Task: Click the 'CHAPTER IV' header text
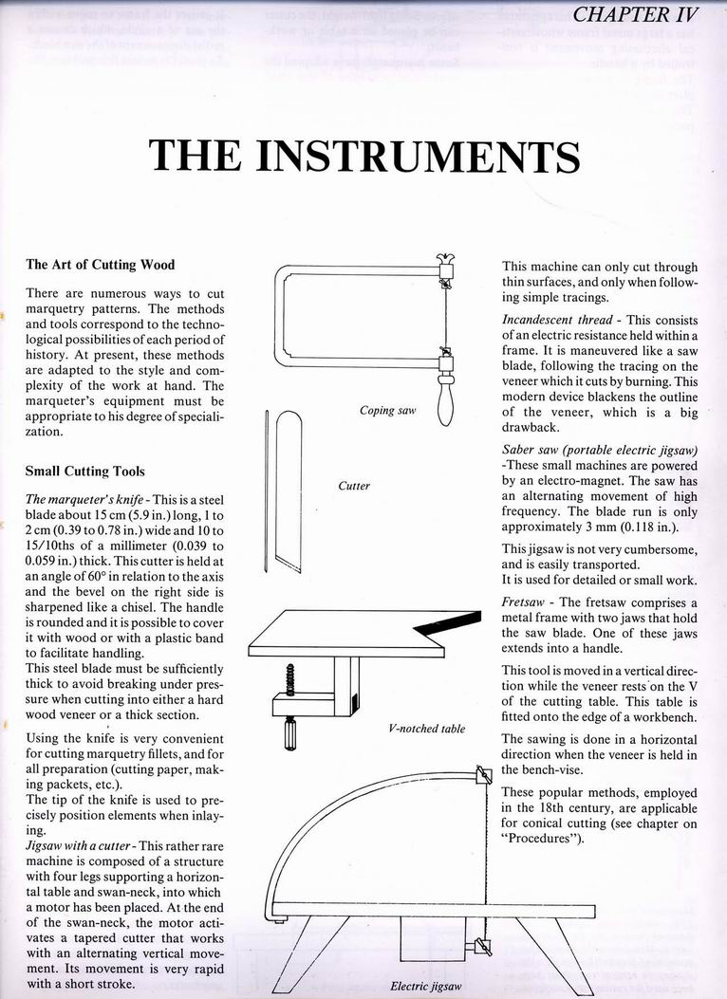click(x=637, y=15)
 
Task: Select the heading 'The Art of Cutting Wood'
click(x=100, y=265)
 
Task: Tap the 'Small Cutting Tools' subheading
click(x=85, y=471)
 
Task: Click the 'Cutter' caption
click(x=353, y=486)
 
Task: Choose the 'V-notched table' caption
click(x=427, y=729)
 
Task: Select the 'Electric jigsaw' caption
click(x=425, y=986)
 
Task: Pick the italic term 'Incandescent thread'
click(x=547, y=321)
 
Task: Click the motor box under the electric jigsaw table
click(x=431, y=943)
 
